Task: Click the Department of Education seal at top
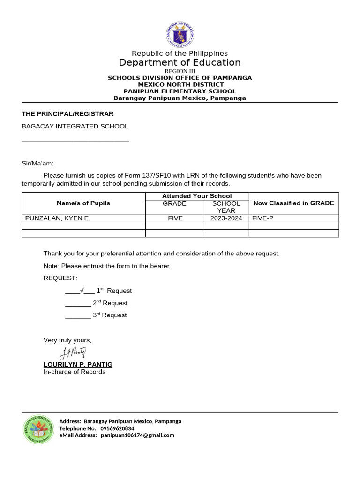pyautogui.click(x=180, y=34)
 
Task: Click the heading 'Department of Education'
pyautogui.click(x=180, y=63)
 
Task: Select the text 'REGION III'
pyautogui.click(x=180, y=71)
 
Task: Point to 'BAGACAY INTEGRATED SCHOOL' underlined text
pyautogui.click(x=75, y=126)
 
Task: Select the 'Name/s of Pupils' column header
pyautogui.click(x=83, y=203)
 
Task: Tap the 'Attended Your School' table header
pyautogui.click(x=197, y=196)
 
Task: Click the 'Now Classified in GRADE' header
pyautogui.click(x=293, y=203)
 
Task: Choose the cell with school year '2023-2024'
pyautogui.click(x=226, y=218)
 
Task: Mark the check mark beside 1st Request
pyautogui.click(x=82, y=291)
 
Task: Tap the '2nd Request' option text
pyautogui.click(x=110, y=303)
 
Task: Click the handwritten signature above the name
pyautogui.click(x=73, y=352)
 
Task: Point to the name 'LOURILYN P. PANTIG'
pyautogui.click(x=78, y=364)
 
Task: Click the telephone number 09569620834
pyautogui.click(x=117, y=428)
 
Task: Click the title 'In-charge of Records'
pyautogui.click(x=75, y=372)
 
